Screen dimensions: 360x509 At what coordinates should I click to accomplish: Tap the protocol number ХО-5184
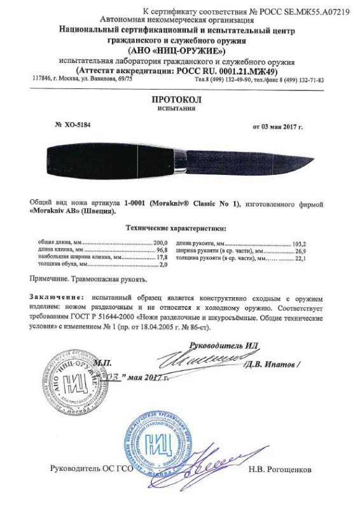click(79, 125)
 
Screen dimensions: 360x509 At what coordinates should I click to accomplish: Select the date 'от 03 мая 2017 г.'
click(286, 126)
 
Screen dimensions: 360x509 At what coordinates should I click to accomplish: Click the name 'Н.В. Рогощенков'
click(282, 469)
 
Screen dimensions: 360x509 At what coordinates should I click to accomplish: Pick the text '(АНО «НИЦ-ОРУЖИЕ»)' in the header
click(176, 50)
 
